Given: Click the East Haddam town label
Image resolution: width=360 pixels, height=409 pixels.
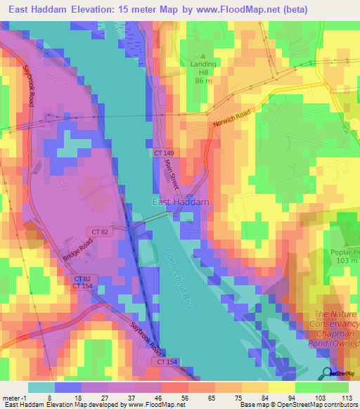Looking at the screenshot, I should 181,202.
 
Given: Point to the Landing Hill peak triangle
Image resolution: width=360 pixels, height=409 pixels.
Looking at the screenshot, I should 204,56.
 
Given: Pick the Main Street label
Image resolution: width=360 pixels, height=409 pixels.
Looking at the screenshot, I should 172,174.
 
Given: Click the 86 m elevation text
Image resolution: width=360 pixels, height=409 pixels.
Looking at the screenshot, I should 204,81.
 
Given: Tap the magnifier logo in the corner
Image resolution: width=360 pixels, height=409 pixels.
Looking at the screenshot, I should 327,373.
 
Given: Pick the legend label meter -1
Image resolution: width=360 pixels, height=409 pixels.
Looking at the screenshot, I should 15,397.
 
